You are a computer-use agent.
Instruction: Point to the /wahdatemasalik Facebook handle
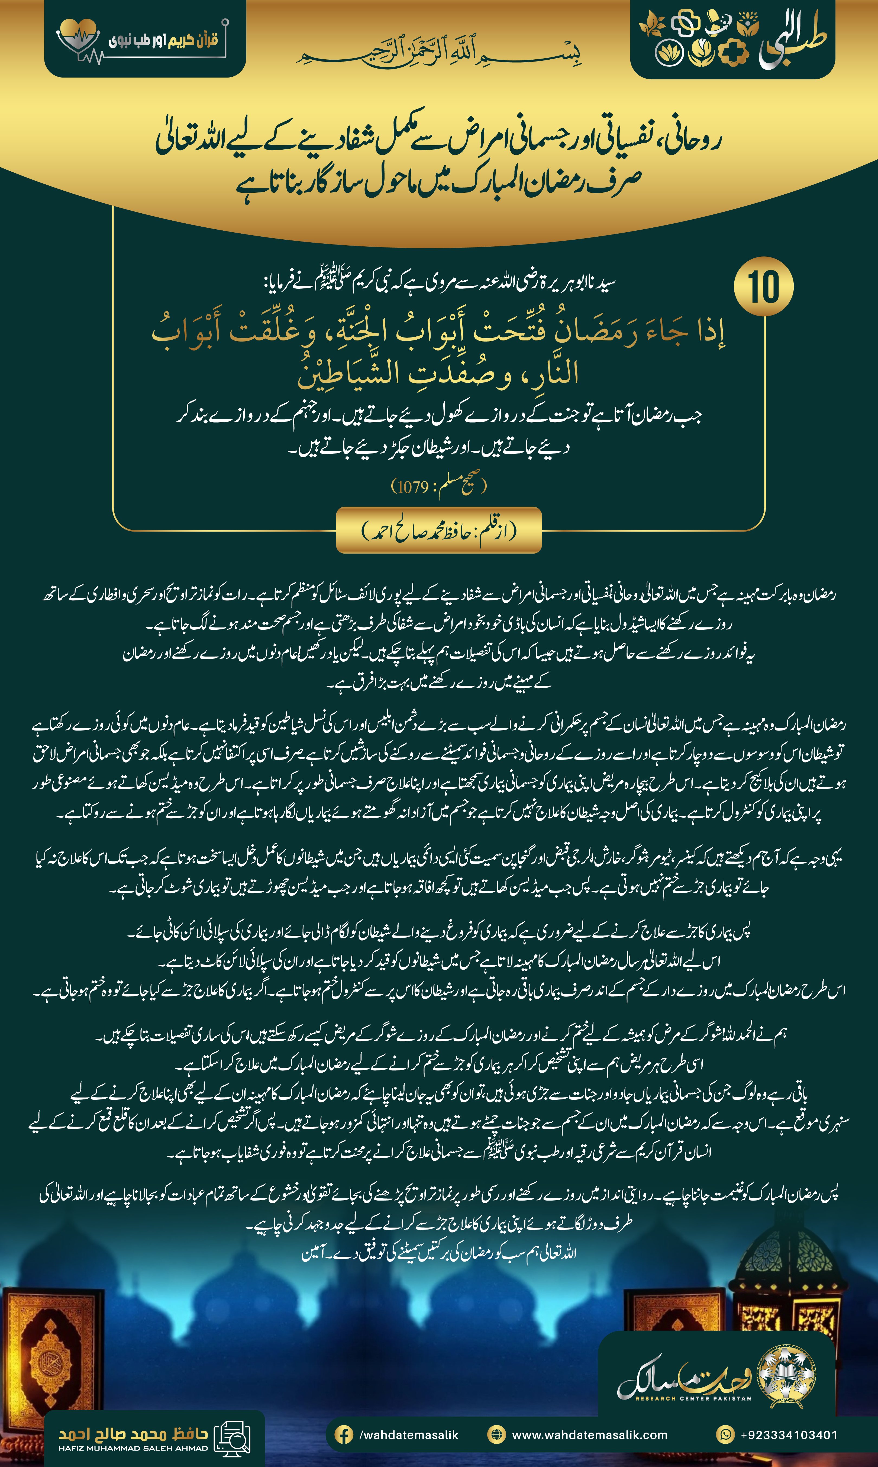(408, 1434)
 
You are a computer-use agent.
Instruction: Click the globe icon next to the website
(496, 1434)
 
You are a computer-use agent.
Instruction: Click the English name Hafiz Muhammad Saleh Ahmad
(133, 1448)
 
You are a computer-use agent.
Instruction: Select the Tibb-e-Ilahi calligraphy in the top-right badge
(793, 41)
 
